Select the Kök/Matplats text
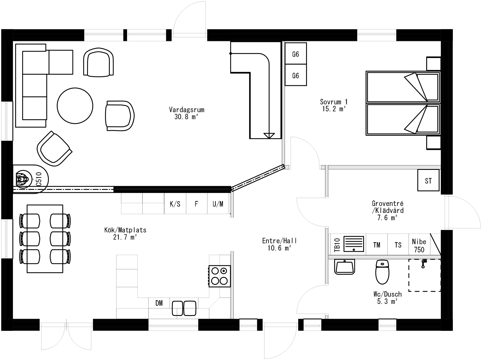[125, 233]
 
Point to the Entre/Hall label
[279, 244]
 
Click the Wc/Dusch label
[387, 297]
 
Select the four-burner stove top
[220, 275]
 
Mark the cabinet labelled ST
[428, 181]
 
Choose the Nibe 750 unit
[419, 245]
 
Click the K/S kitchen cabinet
[175, 204]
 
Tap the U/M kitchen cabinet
[218, 204]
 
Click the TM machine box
[377, 244]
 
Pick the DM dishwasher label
[159, 303]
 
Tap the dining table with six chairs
[45, 239]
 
